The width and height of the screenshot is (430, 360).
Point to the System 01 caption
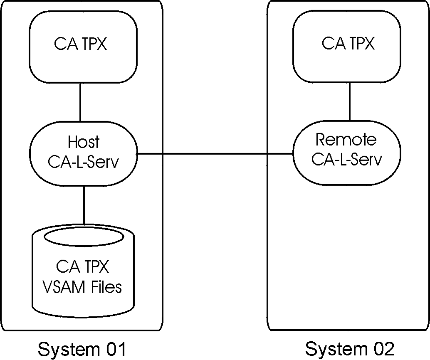click(x=82, y=348)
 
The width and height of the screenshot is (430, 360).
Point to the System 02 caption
click(x=349, y=348)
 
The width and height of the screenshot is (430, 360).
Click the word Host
click(x=84, y=142)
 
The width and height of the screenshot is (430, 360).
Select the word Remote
click(x=346, y=140)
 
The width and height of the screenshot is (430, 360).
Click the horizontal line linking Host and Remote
click(x=215, y=154)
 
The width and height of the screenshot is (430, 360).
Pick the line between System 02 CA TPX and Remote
click(x=349, y=101)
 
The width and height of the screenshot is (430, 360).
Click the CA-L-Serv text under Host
click(x=84, y=162)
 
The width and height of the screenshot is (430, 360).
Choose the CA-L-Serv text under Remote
click(x=346, y=160)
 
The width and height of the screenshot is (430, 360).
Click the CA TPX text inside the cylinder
click(x=82, y=267)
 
